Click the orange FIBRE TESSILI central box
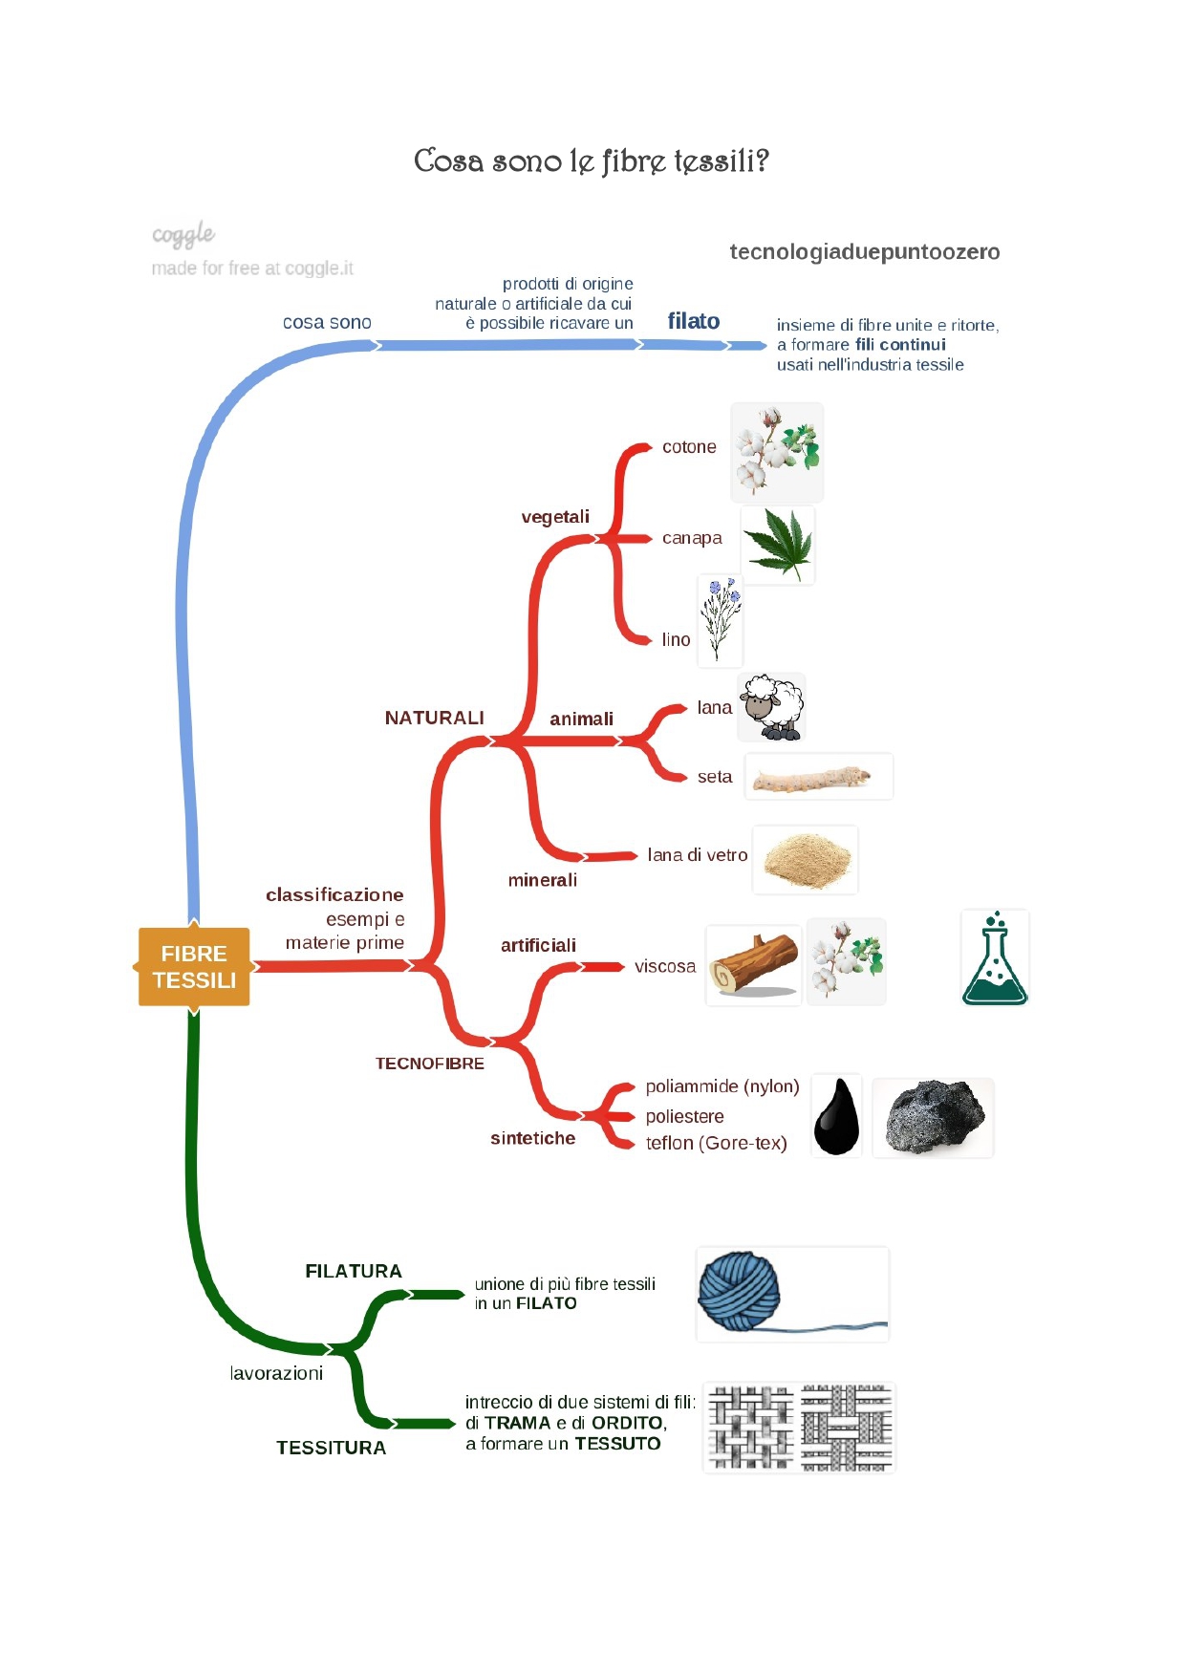coord(194,966)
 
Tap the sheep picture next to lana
coord(771,707)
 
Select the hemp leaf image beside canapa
coord(778,545)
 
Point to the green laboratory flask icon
coord(995,958)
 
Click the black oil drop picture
coord(836,1116)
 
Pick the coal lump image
coord(933,1117)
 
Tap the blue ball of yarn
coord(739,1291)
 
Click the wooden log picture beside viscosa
coord(754,965)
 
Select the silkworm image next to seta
coord(818,777)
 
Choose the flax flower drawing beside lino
coord(720,620)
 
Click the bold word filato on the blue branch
coord(694,321)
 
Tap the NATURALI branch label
coord(434,718)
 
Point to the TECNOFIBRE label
coord(429,1064)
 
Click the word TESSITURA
coord(331,1448)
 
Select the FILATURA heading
coord(354,1271)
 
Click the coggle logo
coord(183,234)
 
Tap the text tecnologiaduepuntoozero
coord(864,252)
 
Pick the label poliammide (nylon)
coord(722,1086)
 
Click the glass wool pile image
coord(805,860)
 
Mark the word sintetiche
coord(532,1138)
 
